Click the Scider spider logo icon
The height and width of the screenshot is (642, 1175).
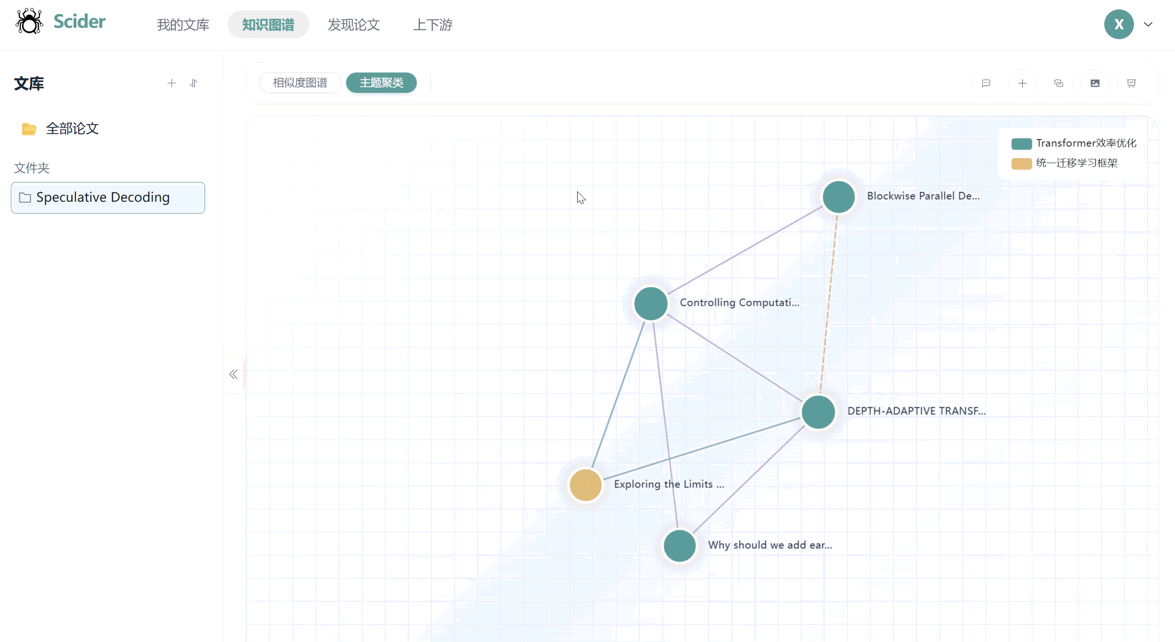point(29,21)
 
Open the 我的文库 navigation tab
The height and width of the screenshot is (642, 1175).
point(183,25)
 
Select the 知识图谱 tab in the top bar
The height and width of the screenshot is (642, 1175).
point(268,25)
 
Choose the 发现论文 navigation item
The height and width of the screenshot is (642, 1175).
point(354,25)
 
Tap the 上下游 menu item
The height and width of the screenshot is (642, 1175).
point(433,25)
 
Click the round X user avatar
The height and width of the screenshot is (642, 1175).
point(1118,25)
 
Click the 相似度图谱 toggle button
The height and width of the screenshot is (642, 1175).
point(300,83)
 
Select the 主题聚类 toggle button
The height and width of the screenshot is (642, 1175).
point(381,83)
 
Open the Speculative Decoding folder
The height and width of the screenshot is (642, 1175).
point(108,198)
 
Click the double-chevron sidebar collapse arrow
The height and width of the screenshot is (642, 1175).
point(233,374)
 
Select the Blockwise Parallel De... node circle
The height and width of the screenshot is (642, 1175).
point(838,197)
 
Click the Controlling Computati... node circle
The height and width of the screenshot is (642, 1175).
point(651,304)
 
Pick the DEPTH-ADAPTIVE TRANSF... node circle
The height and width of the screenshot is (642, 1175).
point(819,412)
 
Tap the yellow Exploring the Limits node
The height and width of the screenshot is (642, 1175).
point(586,485)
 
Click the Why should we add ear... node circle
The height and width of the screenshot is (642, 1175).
point(679,546)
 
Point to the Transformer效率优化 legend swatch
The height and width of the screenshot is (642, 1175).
point(1021,143)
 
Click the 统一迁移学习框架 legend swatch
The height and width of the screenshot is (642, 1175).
point(1021,164)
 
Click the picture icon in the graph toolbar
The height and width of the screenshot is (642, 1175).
point(1095,83)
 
